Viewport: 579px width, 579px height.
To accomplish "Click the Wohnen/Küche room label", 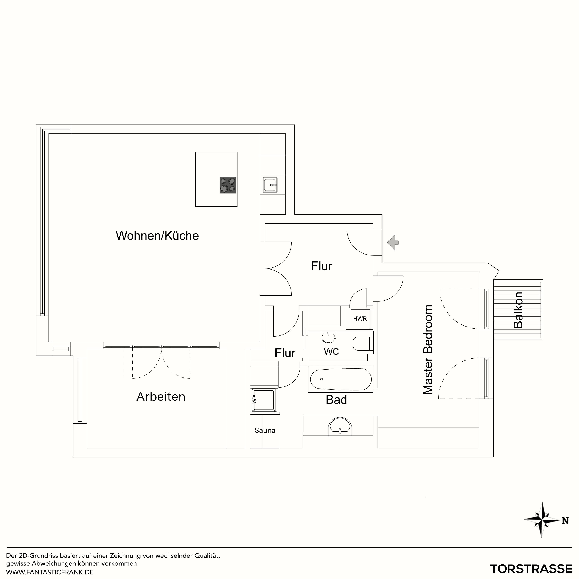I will point(157,236).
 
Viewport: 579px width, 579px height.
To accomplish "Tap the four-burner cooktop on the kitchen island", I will point(228,185).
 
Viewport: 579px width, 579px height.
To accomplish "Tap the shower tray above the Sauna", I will point(263,400).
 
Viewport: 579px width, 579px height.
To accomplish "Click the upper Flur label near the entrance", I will point(322,266).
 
